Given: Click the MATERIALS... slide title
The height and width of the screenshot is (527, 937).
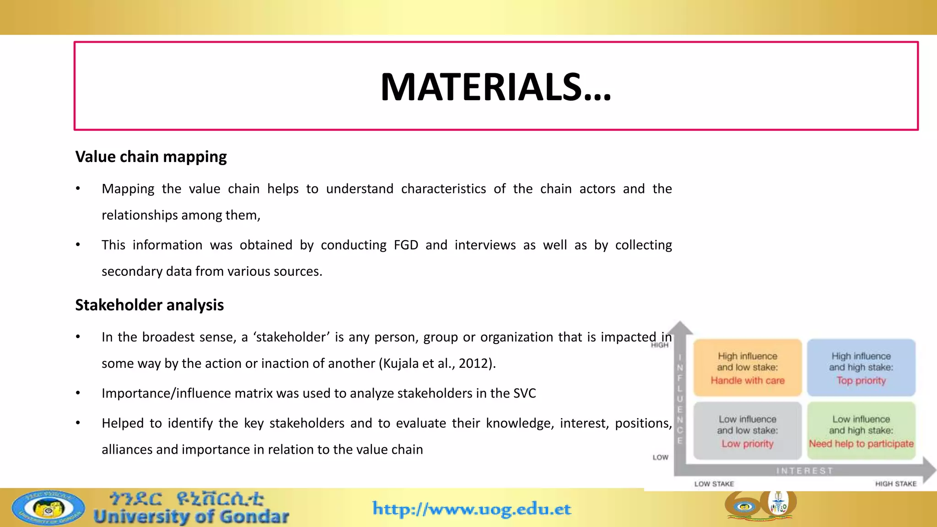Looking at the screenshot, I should click(x=495, y=87).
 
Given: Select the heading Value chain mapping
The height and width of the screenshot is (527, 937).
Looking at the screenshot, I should click(x=151, y=157).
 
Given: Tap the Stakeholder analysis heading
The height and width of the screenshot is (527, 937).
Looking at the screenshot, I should click(x=149, y=305).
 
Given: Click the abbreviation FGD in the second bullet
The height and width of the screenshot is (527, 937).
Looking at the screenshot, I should click(x=406, y=245).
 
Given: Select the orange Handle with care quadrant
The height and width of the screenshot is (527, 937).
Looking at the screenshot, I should click(x=747, y=368).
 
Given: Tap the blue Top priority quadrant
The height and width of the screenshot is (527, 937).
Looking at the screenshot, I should click(x=861, y=368).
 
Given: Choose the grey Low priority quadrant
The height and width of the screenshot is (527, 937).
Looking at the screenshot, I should click(x=747, y=431).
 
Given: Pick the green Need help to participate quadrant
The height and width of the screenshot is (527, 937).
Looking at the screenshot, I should click(x=861, y=431).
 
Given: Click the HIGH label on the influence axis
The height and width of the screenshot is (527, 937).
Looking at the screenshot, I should click(x=659, y=345).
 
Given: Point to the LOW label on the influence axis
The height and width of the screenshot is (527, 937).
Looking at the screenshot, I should click(x=660, y=457).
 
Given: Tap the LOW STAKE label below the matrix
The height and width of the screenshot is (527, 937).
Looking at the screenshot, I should click(x=714, y=484).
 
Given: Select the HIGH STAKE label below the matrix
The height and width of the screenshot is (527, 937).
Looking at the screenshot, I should click(x=895, y=484).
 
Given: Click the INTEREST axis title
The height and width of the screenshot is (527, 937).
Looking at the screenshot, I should click(x=804, y=471).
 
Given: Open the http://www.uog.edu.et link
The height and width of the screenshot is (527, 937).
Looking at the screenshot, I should click(x=472, y=509).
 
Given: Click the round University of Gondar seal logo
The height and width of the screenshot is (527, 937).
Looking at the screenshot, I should click(x=48, y=508).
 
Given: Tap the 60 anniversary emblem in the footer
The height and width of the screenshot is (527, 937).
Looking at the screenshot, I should click(x=760, y=505).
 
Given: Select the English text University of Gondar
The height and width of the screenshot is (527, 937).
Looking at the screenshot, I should click(x=191, y=517).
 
